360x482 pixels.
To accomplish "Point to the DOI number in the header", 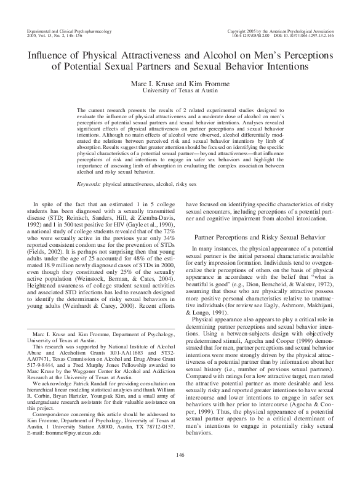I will (x=301, y=35).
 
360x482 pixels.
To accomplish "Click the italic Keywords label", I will (x=89, y=183).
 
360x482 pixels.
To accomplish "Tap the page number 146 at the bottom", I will (x=180, y=455).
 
